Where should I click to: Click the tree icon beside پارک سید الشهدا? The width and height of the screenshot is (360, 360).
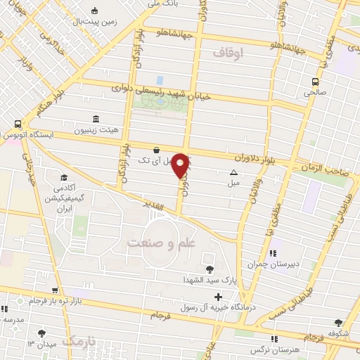click(208, 268)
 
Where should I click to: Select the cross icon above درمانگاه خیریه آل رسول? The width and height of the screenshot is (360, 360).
click(218, 297)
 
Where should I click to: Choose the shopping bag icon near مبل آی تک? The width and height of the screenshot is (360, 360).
click(155, 149)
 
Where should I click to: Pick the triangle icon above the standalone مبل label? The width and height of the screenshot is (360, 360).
click(233, 172)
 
